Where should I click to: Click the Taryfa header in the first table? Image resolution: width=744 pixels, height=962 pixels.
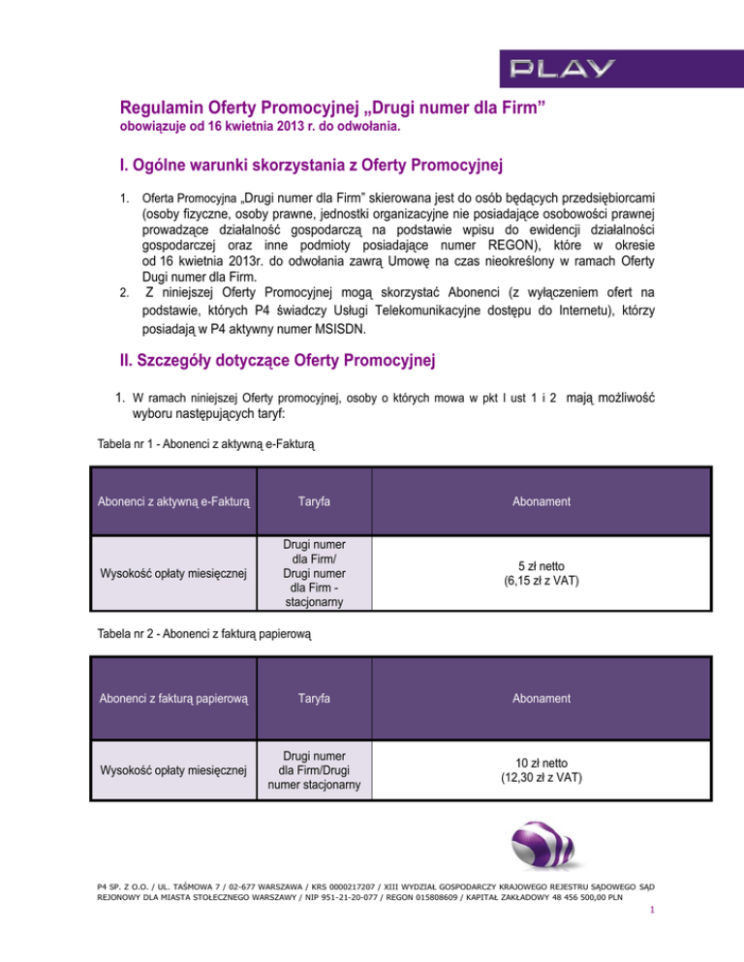pyautogui.click(x=312, y=501)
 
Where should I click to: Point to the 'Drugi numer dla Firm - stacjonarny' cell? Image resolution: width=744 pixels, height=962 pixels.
pyautogui.click(x=312, y=573)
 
